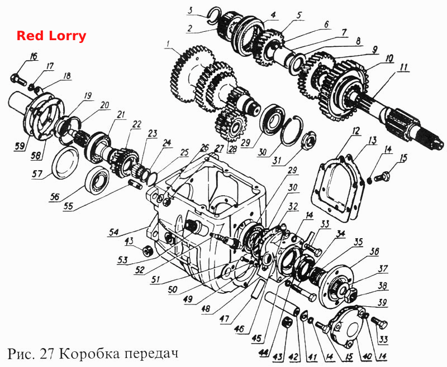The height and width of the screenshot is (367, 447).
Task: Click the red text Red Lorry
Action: [51, 36]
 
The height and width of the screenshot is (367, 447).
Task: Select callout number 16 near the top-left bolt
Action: [33, 56]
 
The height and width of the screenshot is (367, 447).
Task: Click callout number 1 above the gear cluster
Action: [168, 45]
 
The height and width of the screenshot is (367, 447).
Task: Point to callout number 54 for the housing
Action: [114, 232]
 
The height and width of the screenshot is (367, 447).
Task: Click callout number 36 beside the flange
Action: [374, 252]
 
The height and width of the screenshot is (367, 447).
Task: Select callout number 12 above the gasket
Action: [355, 132]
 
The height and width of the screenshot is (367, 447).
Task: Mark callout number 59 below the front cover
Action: [21, 147]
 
